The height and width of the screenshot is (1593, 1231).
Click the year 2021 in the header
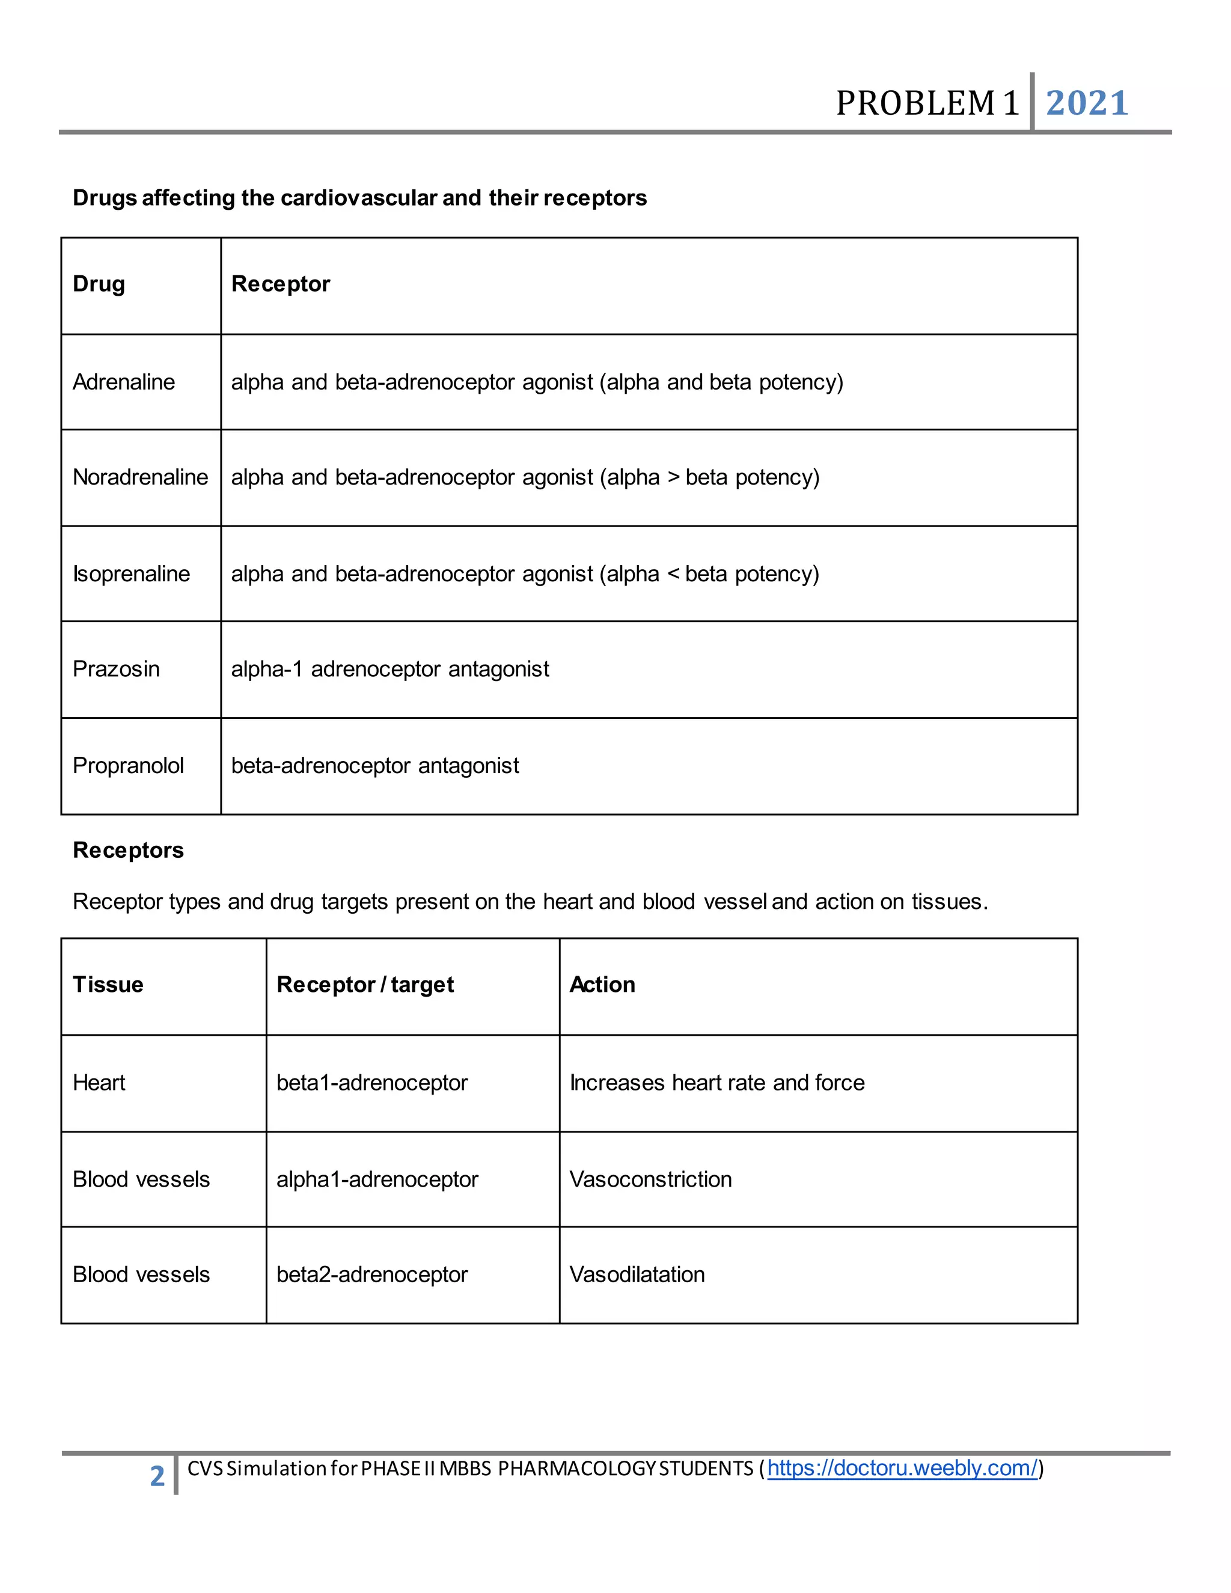1087,103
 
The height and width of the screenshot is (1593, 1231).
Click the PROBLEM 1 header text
927,103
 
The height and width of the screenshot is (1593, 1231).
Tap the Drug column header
99,284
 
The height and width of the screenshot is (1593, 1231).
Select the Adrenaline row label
124,382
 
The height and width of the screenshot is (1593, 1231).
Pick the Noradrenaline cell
140,477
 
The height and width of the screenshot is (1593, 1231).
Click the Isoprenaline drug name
131,574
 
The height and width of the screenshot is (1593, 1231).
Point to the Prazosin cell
116,669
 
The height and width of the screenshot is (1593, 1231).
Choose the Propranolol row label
129,766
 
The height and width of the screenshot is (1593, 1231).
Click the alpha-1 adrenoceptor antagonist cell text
390,669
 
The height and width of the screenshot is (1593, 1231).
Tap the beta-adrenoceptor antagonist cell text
375,766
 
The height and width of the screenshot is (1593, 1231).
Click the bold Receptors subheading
129,851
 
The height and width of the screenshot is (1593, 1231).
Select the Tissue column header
108,985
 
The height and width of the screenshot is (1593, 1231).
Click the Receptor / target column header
365,985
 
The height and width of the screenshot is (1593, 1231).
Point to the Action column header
602,985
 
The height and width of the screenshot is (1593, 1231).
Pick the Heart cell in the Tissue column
99,1083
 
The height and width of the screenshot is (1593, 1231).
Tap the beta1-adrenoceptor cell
372,1083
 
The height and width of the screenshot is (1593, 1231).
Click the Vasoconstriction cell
650,1179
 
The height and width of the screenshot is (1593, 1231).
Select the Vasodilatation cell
637,1275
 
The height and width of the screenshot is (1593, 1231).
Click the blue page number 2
157,1476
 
